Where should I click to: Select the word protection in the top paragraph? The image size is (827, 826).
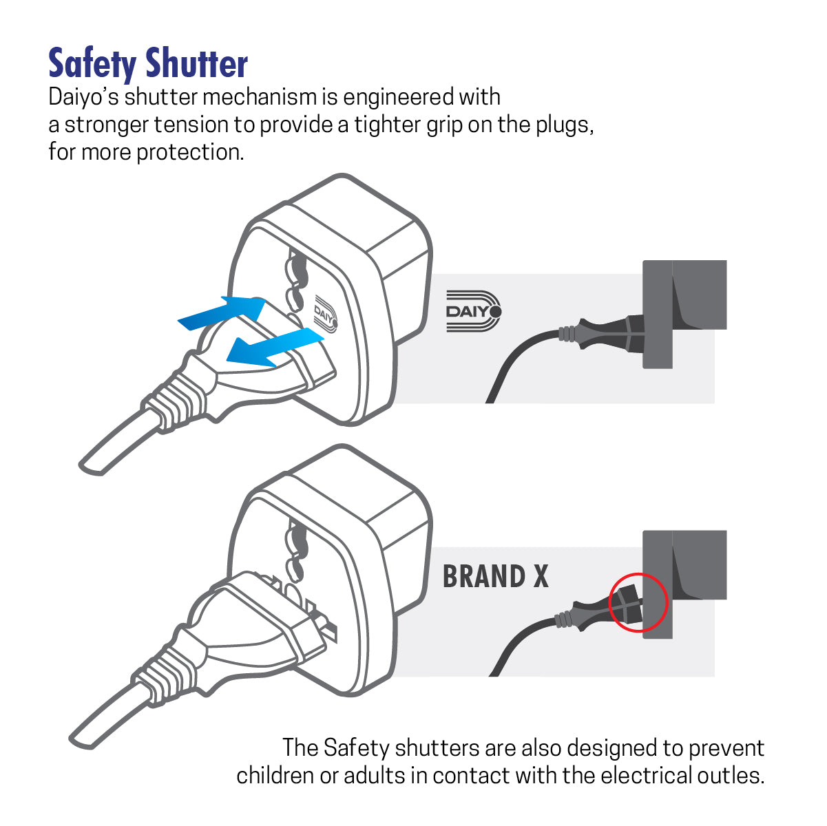point(189,151)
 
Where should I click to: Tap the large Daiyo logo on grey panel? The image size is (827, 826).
point(474,311)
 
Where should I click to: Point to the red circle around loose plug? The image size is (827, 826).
point(638,602)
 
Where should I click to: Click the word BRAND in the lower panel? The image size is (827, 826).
point(483,577)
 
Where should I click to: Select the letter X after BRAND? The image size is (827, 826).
point(540,577)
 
